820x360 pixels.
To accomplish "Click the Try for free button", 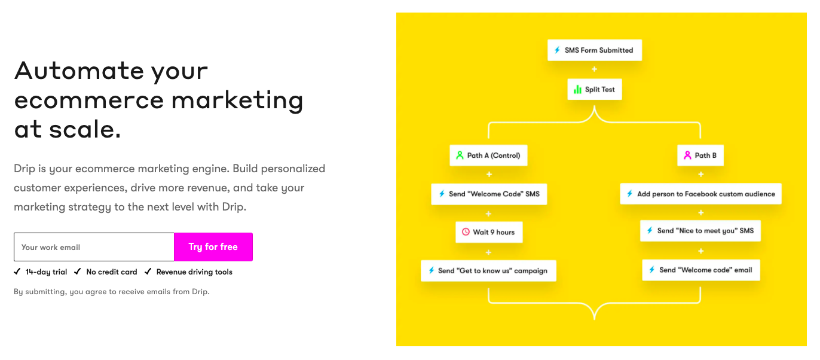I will (213, 247).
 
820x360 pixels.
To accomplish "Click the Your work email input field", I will (94, 247).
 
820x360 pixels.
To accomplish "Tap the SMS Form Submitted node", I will (594, 50).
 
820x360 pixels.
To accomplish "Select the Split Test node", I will (594, 90).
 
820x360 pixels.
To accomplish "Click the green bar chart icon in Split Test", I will (577, 90).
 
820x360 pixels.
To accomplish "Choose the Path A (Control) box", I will (488, 155).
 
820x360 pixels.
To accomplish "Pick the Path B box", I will (700, 155).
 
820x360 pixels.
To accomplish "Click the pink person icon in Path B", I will (687, 155).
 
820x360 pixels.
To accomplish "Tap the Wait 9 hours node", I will (488, 232).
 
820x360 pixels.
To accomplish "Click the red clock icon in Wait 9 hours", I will (466, 232).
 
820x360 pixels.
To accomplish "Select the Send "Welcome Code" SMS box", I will (488, 194).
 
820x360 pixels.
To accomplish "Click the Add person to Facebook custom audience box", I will (700, 194).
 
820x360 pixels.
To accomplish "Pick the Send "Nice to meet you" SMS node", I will (700, 231).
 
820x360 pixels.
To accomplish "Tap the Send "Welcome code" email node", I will (700, 270).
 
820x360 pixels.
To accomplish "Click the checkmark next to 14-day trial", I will (17, 271).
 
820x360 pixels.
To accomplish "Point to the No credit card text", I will (112, 272).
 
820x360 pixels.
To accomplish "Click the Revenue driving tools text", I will (194, 272).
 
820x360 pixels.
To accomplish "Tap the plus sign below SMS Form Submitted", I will (594, 70).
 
